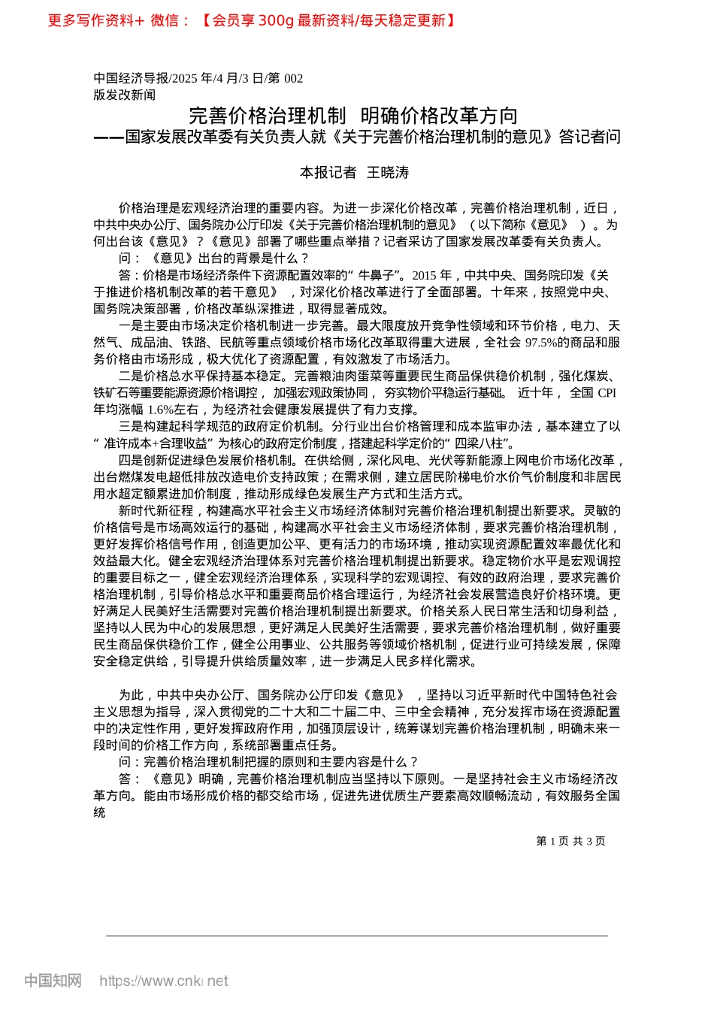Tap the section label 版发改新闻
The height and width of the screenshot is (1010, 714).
125,95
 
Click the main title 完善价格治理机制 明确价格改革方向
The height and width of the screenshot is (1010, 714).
353,115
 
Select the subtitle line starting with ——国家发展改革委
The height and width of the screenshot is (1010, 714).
357,137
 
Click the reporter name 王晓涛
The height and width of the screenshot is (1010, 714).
388,173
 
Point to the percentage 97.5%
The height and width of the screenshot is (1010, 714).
541,343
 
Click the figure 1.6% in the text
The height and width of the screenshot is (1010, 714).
161,410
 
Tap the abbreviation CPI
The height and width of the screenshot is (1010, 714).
607,393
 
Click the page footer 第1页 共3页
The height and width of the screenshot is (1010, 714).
570,841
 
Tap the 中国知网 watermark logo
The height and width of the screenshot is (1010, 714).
53,981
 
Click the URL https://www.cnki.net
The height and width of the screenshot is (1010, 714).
164,981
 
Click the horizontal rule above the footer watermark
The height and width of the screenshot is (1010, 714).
357,936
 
